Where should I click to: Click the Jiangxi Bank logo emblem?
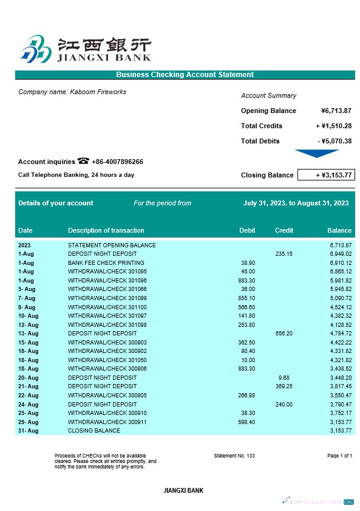pyautogui.click(x=35, y=49)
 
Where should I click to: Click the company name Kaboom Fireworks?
pyautogui.click(x=72, y=92)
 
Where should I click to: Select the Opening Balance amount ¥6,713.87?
pyautogui.click(x=336, y=111)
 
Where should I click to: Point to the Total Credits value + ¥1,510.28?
pyautogui.click(x=333, y=126)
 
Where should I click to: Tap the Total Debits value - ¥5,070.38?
pyautogui.click(x=334, y=141)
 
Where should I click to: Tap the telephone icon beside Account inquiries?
pyautogui.click(x=84, y=161)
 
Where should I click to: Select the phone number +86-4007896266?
pyautogui.click(x=118, y=162)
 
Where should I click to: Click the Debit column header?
pyautogui.click(x=247, y=230)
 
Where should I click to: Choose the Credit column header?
pyautogui.click(x=284, y=230)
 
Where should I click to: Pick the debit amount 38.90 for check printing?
pyautogui.click(x=248, y=263)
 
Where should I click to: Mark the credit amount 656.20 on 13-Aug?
pyautogui.click(x=284, y=334)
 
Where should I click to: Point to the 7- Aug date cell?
pyautogui.click(x=27, y=298)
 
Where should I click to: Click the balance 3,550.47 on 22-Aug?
pyautogui.click(x=341, y=395)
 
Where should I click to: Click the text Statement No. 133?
pyautogui.click(x=234, y=456)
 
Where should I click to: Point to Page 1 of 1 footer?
pyautogui.click(x=339, y=456)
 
